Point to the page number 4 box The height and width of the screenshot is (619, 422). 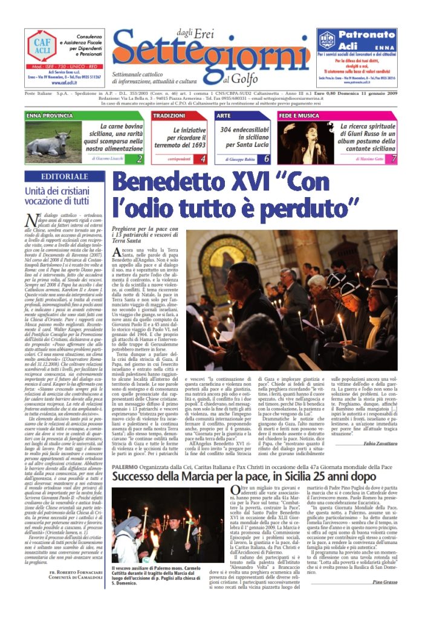203,159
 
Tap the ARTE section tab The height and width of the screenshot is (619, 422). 224,115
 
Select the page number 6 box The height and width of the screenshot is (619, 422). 267,159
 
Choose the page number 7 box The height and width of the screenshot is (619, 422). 394,159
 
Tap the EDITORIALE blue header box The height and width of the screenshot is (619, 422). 66,177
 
